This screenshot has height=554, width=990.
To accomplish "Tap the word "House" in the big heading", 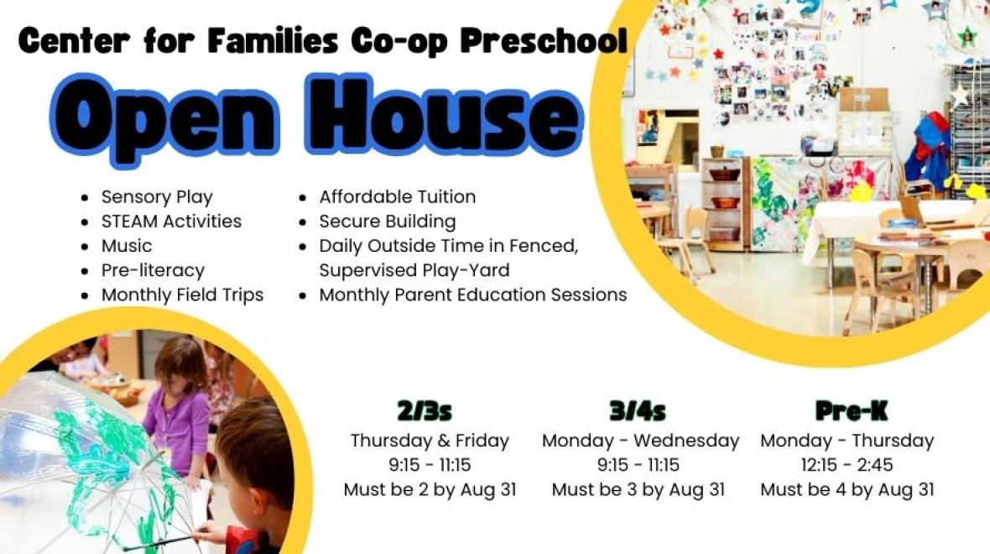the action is pos(443,114).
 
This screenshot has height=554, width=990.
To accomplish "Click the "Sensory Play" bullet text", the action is pos(157,197).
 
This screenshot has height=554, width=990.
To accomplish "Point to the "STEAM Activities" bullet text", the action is pos(171,221).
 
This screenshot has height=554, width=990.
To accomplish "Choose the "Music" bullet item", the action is pos(127,246).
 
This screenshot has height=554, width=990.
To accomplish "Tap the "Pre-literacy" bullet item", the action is pos(153,270).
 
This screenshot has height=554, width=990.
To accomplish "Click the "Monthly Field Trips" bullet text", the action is pos(182,295).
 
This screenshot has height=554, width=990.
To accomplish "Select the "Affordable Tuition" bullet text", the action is pos(397,196).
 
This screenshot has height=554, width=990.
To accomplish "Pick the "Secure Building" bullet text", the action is pos(387,222).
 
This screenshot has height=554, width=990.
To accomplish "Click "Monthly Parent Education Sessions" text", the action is pos(473,295).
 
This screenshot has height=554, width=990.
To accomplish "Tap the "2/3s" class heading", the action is pos(425,411).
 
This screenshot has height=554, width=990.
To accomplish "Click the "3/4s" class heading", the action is pos(638,411).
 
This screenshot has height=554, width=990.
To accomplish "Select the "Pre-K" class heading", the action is pos(851,411).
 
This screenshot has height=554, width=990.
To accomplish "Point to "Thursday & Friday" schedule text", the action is pos(430,441).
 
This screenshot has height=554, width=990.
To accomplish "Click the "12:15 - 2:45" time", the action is pos(847,465).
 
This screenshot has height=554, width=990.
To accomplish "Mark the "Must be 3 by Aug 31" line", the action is pos(638,489).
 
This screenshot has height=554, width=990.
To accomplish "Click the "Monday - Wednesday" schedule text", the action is pos(640,441).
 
